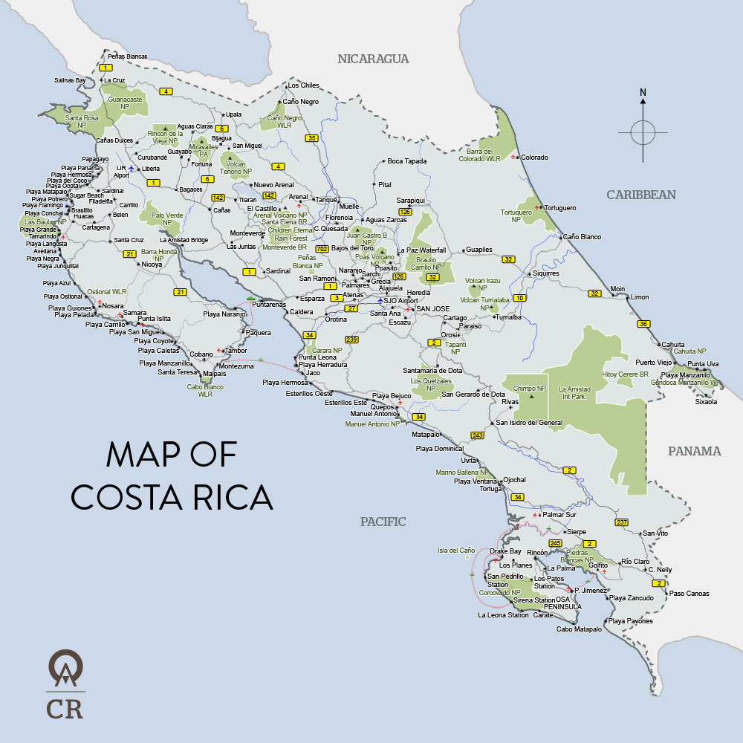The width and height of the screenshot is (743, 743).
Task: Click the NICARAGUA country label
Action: coord(373,59)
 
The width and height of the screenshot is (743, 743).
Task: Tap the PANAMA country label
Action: coord(694,451)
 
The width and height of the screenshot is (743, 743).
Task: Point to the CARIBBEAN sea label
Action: coord(641,195)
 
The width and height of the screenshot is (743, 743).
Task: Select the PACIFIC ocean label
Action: coord(383,522)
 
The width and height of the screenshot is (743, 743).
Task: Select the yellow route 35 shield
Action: coord(311,138)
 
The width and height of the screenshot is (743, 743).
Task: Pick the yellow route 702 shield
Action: coord(322,248)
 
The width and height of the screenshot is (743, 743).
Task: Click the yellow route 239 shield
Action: coord(352,340)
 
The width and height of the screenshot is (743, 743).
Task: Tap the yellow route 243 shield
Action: coord(477,435)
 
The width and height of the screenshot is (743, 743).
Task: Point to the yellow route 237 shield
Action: coord(622,522)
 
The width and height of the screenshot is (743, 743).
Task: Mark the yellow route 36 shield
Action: coord(643,323)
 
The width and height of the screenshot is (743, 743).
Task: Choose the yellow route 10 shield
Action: coord(519,298)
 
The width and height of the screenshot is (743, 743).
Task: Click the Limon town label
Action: coord(639,297)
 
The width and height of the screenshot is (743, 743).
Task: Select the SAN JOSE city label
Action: coord(432,308)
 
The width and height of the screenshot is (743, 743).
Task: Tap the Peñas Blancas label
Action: coord(127,56)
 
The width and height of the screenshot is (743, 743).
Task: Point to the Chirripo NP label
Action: coord(530,388)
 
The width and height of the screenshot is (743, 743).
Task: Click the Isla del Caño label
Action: coord(456,551)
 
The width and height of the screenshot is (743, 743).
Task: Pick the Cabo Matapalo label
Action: coord(579,629)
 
